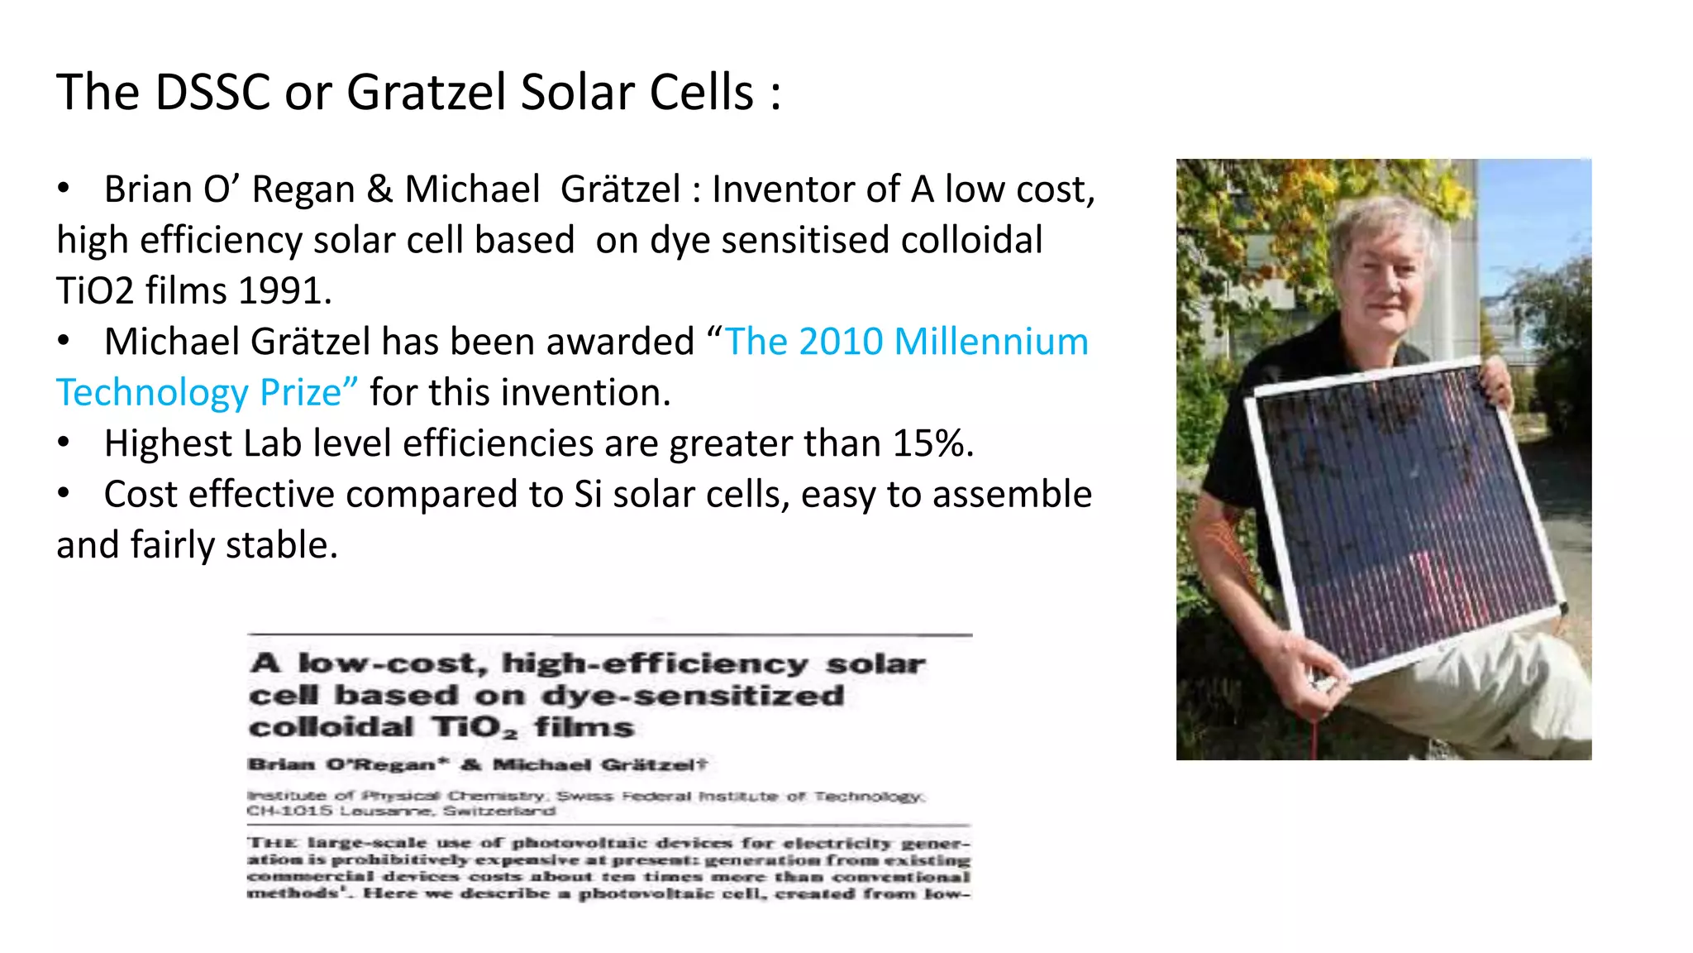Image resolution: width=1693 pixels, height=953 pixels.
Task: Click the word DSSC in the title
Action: pos(212,92)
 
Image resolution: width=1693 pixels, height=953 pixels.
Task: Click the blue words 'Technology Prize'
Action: pos(207,393)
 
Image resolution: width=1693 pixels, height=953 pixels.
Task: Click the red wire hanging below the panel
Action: pos(1314,736)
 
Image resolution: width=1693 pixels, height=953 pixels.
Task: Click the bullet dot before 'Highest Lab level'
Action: pos(64,443)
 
